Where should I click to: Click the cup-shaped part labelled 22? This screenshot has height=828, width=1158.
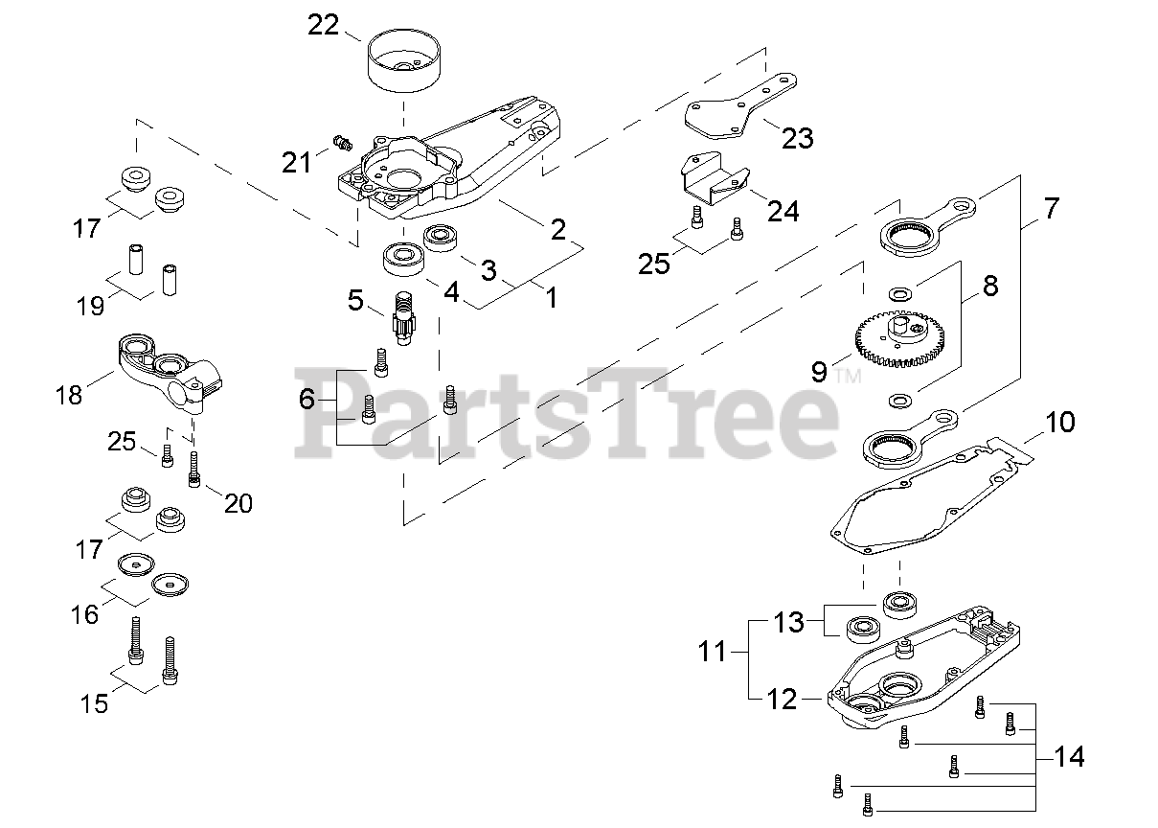point(403,62)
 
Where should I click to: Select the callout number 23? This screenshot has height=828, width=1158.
point(797,138)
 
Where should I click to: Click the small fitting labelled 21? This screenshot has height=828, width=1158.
point(338,143)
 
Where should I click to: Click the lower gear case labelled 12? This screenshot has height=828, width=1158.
point(920,671)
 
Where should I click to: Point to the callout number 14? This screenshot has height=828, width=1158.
point(1070,757)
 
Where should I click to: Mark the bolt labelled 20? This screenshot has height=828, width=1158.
point(195,469)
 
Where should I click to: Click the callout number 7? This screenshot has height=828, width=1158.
point(1051,208)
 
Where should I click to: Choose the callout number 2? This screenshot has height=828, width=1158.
point(557,230)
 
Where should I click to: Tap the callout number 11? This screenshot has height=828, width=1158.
point(713,654)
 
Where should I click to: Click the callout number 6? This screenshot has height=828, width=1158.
point(307,400)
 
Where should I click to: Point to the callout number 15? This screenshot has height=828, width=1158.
point(94,703)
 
